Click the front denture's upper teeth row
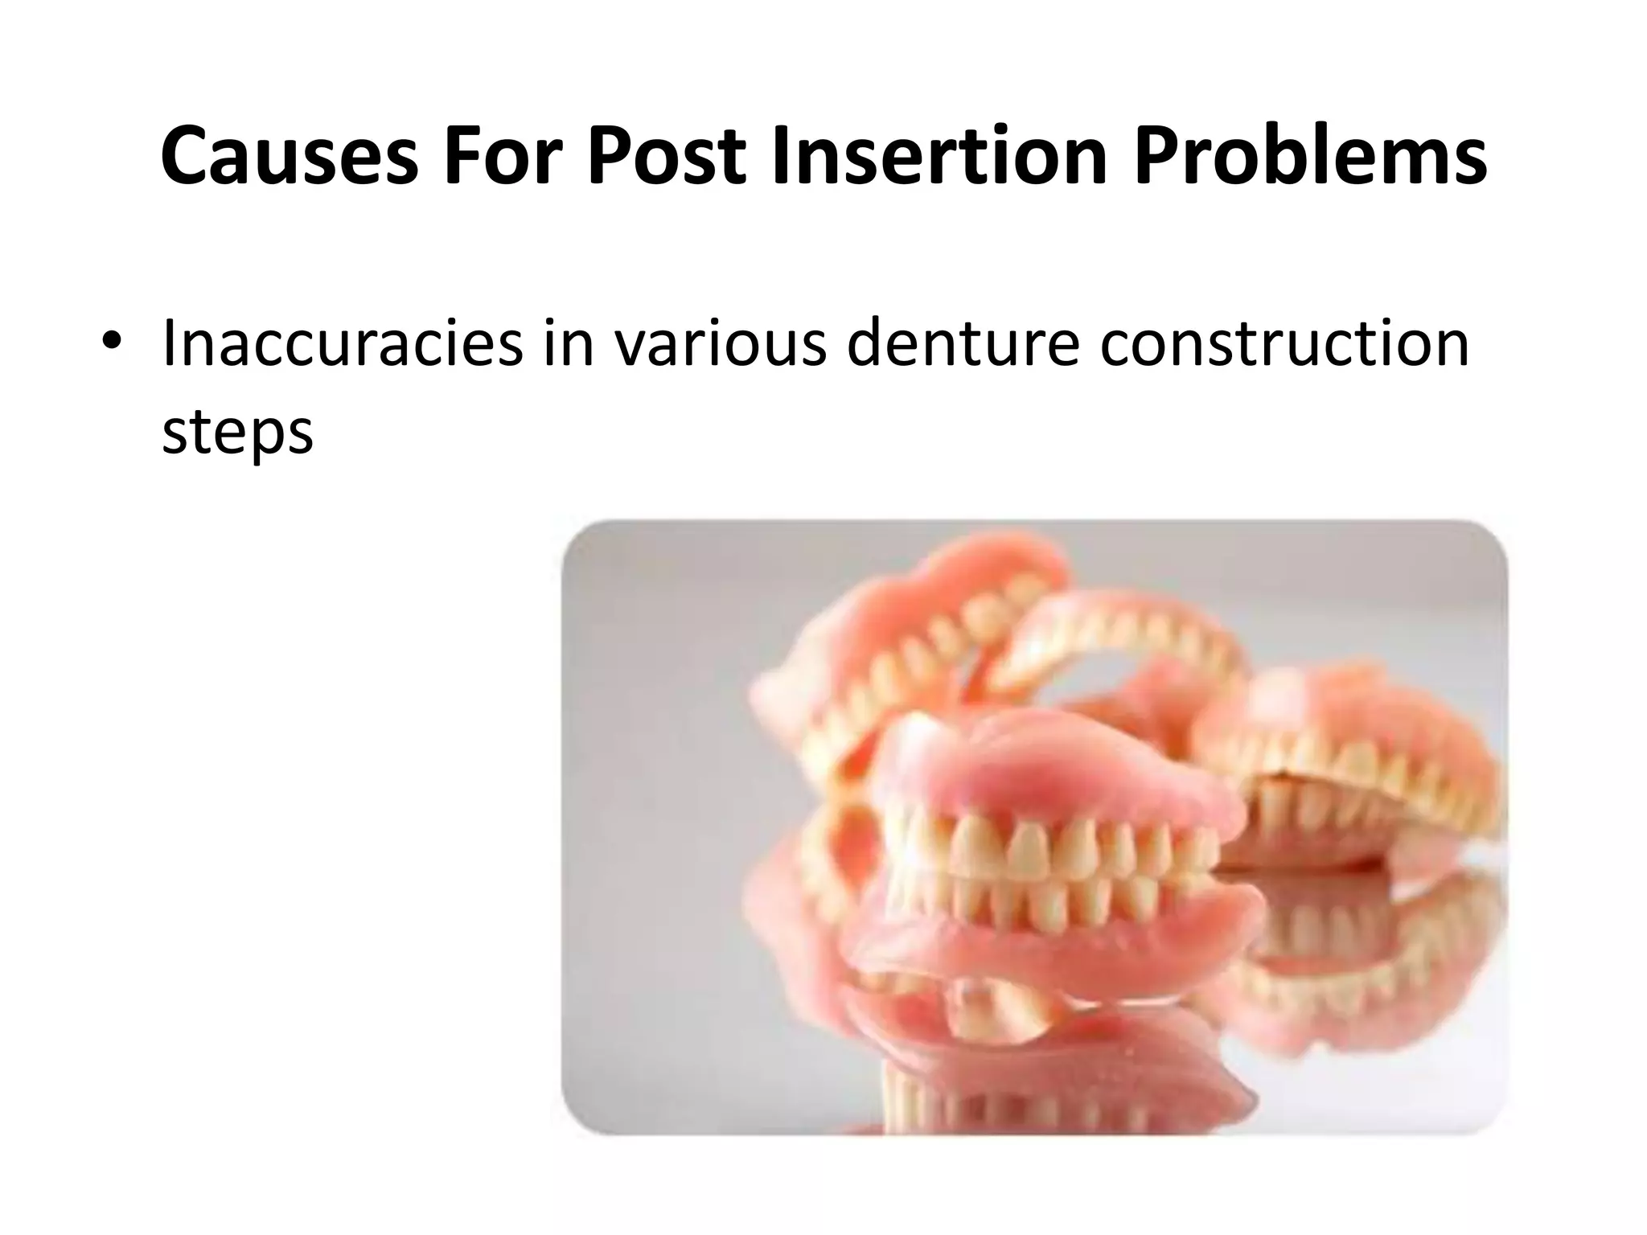[1045, 844]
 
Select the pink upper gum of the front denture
[1045, 772]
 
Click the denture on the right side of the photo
[1351, 748]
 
